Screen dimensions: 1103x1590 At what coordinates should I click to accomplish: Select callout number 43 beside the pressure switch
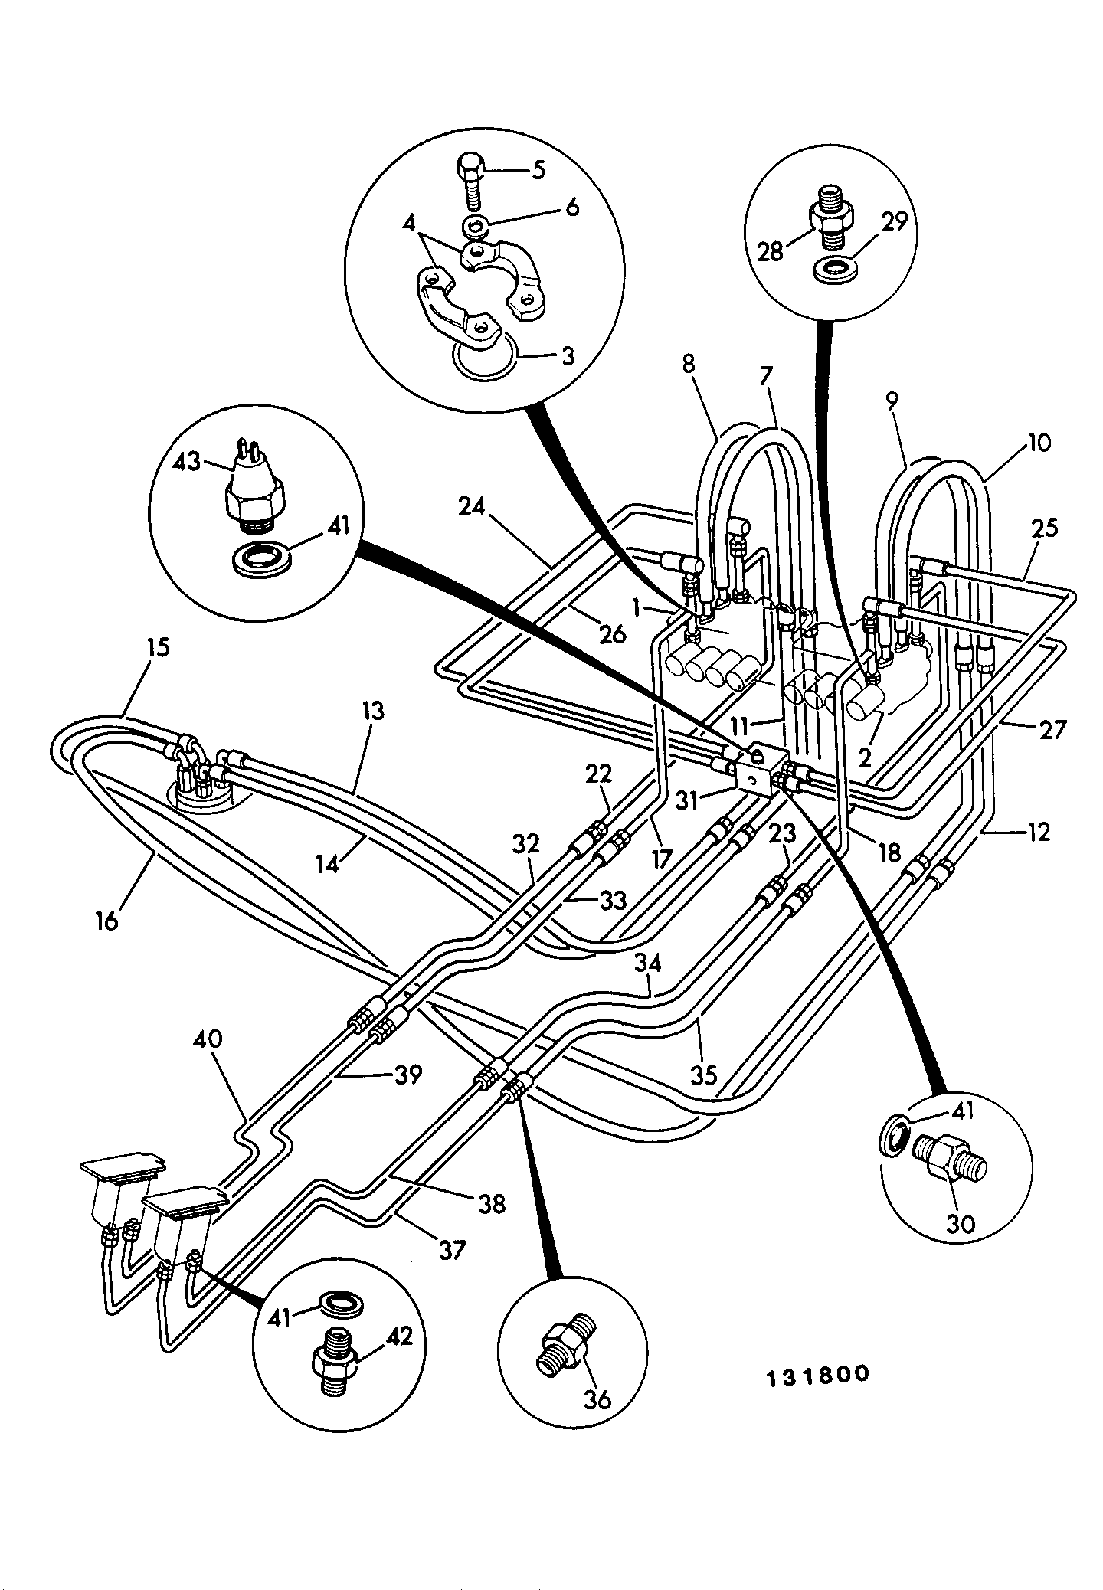point(188,462)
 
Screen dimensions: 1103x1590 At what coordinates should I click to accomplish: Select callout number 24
point(475,507)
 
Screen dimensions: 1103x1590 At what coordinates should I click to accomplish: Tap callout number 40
point(208,1039)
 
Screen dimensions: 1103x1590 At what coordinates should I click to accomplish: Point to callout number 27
point(1052,730)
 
